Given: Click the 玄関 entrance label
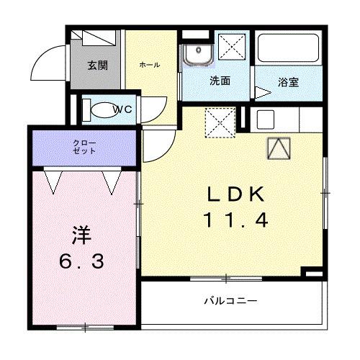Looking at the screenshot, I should click(99, 66).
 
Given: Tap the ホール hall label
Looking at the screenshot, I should click(150, 65).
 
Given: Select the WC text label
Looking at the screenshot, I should click(125, 110).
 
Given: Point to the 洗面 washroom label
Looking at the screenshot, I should click(220, 81).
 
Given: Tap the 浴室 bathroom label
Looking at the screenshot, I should click(289, 82).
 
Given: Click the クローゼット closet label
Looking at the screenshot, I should click(84, 147).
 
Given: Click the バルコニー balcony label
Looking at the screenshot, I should click(228, 300).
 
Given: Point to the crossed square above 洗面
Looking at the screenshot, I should click(232, 47).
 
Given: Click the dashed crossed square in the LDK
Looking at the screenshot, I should click(220, 122).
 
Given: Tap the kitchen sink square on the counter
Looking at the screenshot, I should click(264, 120).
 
